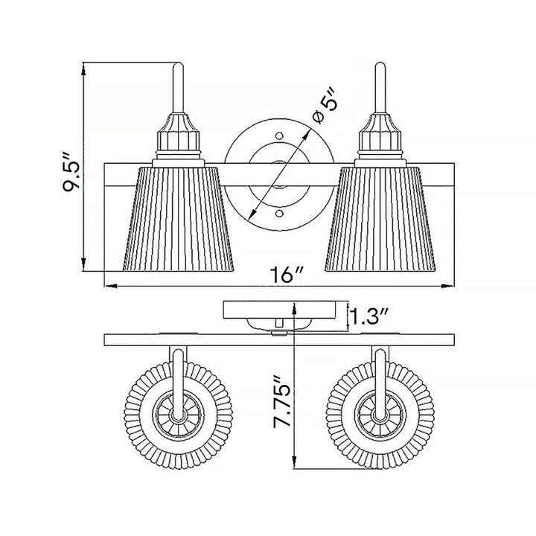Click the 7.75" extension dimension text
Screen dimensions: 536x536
pos(282,402)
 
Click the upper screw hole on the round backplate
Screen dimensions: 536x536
pos(280,135)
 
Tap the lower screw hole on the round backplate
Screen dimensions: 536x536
pos(280,214)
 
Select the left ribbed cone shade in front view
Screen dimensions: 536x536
pos(178,220)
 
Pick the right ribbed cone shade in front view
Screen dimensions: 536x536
pos(380,220)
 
